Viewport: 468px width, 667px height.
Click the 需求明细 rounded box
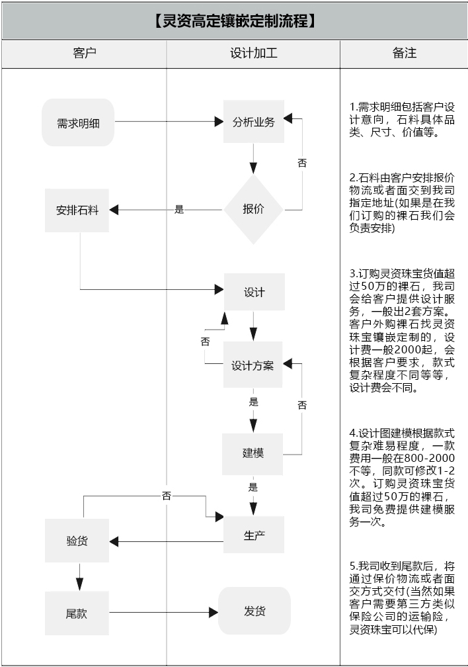[78, 122]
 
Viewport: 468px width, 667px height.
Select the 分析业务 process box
[254, 122]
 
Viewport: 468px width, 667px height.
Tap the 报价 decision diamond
[254, 209]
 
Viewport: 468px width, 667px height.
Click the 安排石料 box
[77, 210]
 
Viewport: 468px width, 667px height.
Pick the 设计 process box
[254, 292]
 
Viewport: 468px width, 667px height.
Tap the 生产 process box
[254, 535]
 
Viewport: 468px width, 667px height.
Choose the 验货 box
[77, 541]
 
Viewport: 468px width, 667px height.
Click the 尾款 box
[77, 613]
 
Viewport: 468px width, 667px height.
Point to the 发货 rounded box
[254, 611]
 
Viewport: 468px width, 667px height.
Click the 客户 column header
[84, 54]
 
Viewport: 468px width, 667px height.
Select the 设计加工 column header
[253, 54]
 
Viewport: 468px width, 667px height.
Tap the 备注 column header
[404, 54]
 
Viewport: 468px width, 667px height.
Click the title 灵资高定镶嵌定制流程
[234, 21]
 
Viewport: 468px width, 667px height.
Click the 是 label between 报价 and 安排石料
[179, 210]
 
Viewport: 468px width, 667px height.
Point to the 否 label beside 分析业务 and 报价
[302, 163]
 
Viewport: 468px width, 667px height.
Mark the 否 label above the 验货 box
[166, 496]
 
